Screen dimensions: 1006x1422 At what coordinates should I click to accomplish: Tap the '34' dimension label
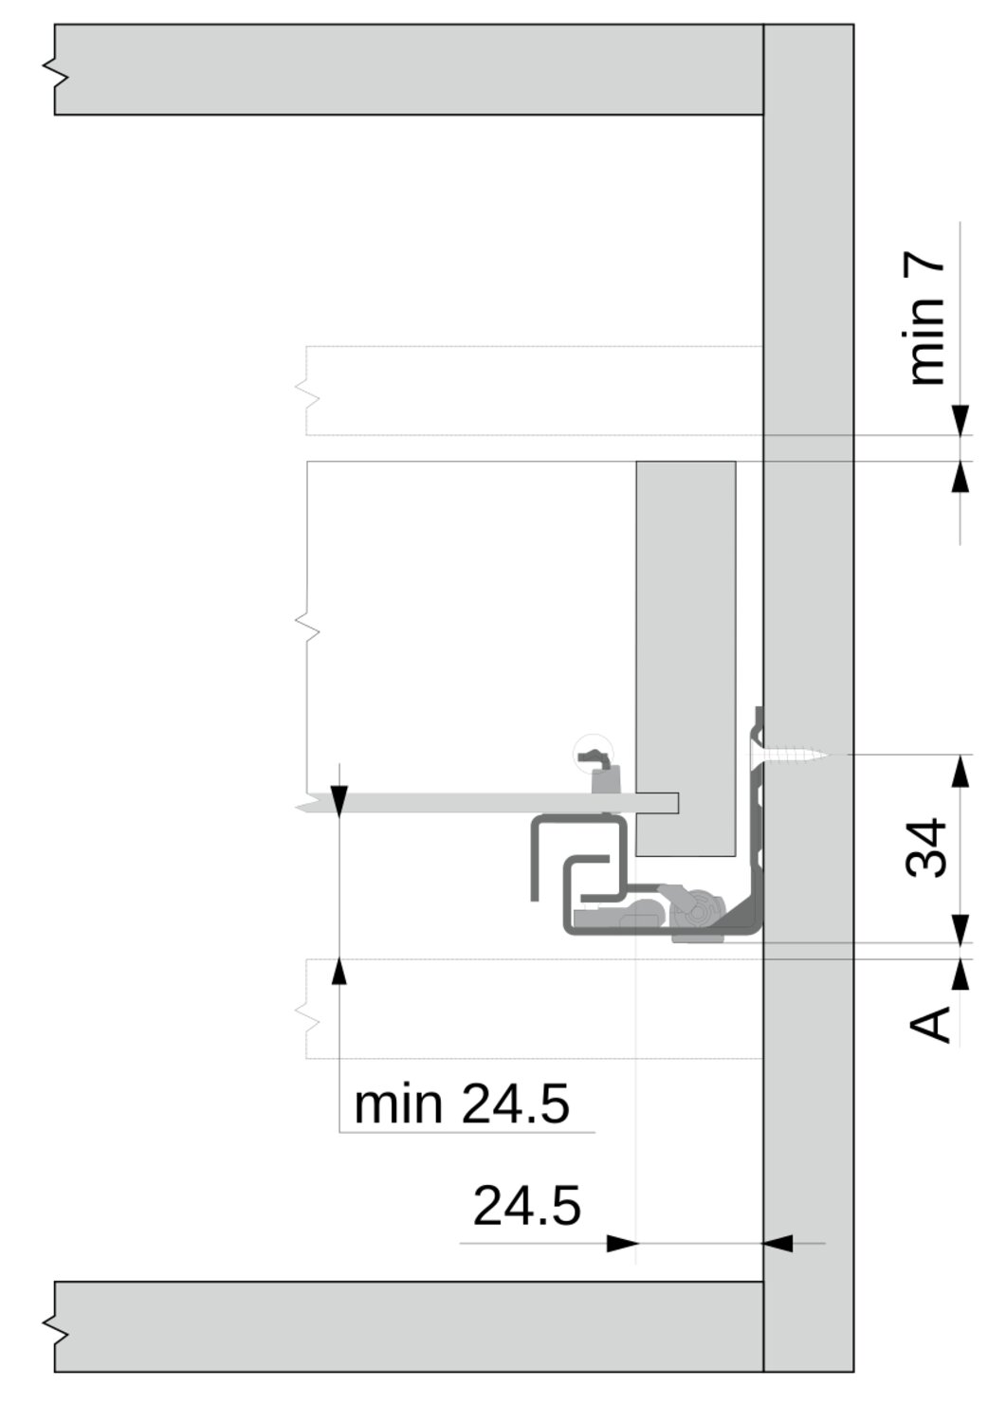tap(926, 848)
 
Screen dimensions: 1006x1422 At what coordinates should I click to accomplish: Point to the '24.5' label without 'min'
tap(526, 1206)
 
